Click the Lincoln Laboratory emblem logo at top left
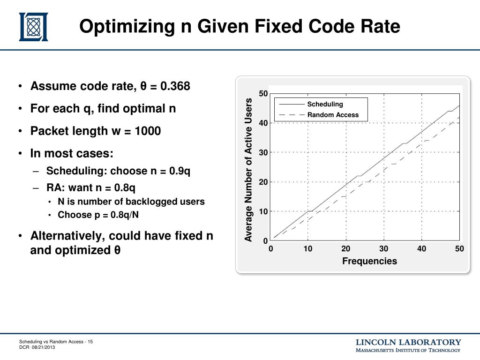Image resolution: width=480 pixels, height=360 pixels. pos(33,27)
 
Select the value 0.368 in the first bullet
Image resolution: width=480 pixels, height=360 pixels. pos(175,87)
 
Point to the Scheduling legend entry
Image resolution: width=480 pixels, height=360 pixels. pos(325,104)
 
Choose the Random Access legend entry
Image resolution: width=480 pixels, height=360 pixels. pos(333,115)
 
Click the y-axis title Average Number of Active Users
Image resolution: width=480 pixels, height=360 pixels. pos(248,170)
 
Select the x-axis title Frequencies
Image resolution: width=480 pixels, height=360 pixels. pos(369,261)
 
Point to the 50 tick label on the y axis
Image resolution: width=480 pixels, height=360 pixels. pos(263,94)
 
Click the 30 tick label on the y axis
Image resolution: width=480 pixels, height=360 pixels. pos(263,153)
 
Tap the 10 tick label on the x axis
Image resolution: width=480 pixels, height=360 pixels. pos(307,249)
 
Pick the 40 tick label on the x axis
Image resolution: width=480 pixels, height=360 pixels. pos(421,249)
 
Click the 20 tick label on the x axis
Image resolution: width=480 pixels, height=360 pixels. pos(345,249)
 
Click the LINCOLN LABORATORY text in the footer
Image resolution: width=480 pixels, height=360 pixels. pos(408,342)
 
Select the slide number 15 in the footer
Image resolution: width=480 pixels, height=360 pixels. pos(90,342)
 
